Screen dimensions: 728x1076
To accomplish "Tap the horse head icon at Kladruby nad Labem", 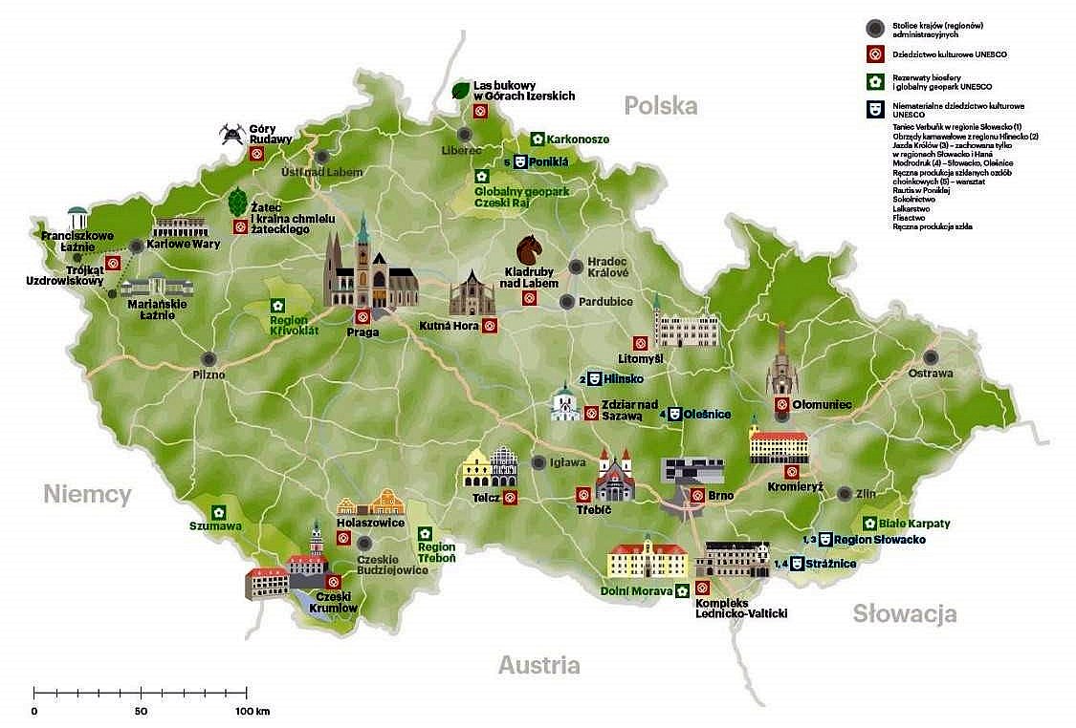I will click(x=530, y=252).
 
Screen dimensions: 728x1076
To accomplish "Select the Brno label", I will click(x=721, y=496).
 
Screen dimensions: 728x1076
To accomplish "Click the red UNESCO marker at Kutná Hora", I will click(x=490, y=326).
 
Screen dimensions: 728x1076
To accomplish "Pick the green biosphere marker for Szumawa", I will click(x=218, y=511).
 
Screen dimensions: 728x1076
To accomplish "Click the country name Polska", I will click(x=661, y=105).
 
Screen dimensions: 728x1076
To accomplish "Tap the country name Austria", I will click(x=538, y=665).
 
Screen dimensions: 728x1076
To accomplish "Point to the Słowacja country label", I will click(x=905, y=613).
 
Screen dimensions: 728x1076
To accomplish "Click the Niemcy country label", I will click(x=87, y=494).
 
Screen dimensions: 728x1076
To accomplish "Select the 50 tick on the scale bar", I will click(x=141, y=691).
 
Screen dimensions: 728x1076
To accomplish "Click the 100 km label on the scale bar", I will click(x=253, y=712).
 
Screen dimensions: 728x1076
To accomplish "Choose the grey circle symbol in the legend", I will click(x=872, y=26).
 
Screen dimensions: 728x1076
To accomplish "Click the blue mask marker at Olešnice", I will click(x=673, y=414).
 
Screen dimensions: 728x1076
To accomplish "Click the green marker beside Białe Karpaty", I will click(x=869, y=523).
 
